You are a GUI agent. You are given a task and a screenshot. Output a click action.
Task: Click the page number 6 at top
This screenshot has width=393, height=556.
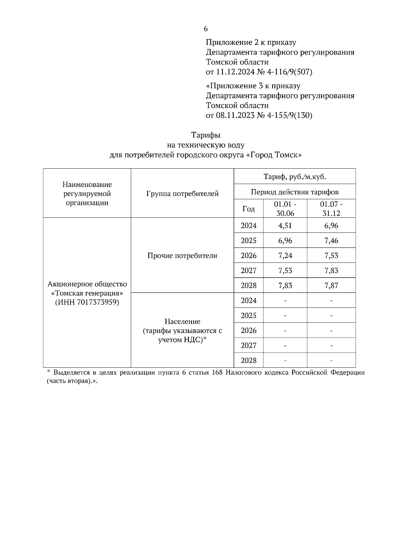click(x=206, y=29)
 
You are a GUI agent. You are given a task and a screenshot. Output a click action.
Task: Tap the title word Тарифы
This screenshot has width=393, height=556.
click(x=206, y=135)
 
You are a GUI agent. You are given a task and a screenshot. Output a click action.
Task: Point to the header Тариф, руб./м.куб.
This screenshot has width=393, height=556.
click(x=295, y=177)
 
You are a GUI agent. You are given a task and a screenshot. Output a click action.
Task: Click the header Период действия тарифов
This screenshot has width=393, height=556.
click(x=295, y=192)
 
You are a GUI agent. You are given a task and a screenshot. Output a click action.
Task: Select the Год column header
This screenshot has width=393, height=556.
click(x=249, y=209)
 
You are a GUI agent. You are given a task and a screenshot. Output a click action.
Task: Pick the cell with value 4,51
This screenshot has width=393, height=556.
click(x=285, y=226)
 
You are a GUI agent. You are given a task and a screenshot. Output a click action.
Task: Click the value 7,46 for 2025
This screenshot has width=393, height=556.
click(x=331, y=241)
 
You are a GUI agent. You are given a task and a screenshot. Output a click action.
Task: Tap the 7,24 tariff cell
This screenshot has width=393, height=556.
click(x=285, y=256)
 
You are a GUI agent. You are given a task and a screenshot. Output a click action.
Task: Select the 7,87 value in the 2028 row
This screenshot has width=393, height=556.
click(x=331, y=286)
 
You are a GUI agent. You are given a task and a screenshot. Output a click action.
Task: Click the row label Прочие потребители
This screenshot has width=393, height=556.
click(x=182, y=256)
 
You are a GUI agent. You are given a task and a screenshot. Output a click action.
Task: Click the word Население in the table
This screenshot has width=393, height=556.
click(x=182, y=322)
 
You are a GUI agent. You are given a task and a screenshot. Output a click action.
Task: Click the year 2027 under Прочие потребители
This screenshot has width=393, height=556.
click(x=249, y=271)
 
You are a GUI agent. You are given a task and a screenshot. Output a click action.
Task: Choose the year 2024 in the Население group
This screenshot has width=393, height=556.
click(x=249, y=301)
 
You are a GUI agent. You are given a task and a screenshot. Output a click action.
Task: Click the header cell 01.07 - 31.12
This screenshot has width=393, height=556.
click(x=331, y=209)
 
